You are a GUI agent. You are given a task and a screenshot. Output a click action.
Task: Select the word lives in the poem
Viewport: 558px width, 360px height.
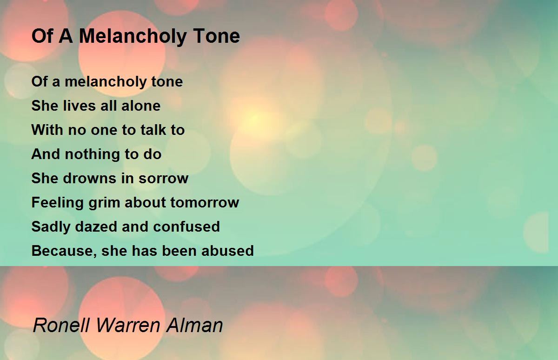[74, 106]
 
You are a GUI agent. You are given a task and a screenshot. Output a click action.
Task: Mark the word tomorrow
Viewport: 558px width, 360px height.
[205, 202]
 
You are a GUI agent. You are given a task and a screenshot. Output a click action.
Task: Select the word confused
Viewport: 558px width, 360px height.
[186, 227]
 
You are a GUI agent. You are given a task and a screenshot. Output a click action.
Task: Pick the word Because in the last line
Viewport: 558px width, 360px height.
[63, 251]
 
